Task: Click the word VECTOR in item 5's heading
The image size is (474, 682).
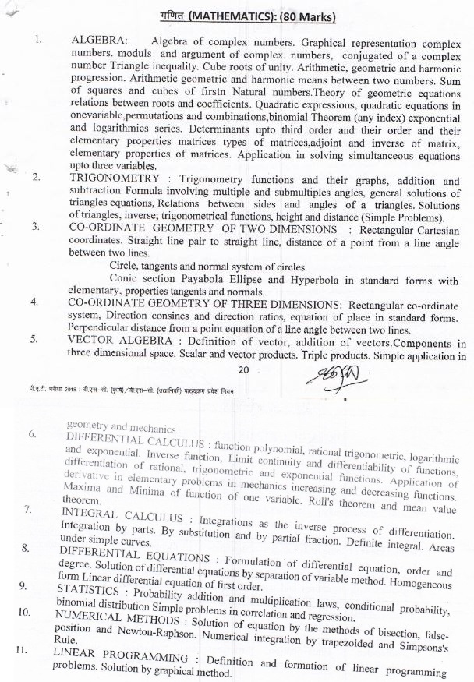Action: click(92, 344)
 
